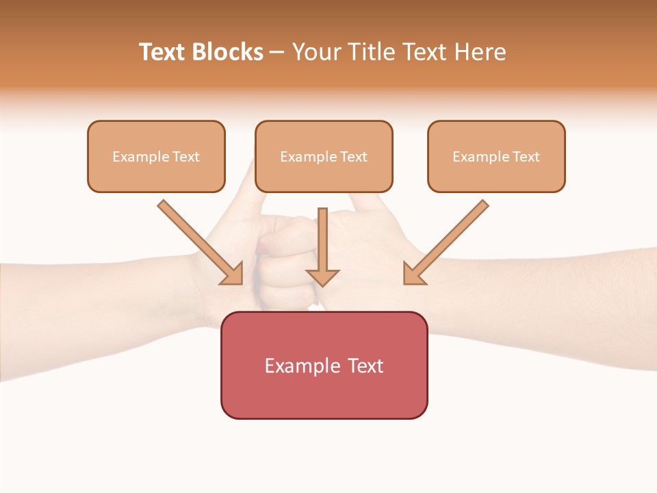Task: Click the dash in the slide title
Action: (x=277, y=53)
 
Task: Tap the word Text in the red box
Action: (x=365, y=366)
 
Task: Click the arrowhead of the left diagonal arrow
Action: (x=233, y=275)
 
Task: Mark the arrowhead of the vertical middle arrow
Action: (x=322, y=277)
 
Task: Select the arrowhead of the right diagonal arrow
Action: (x=413, y=275)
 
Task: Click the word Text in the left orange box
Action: (x=186, y=157)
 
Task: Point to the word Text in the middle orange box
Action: (x=354, y=157)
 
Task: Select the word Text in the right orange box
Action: (x=526, y=157)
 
